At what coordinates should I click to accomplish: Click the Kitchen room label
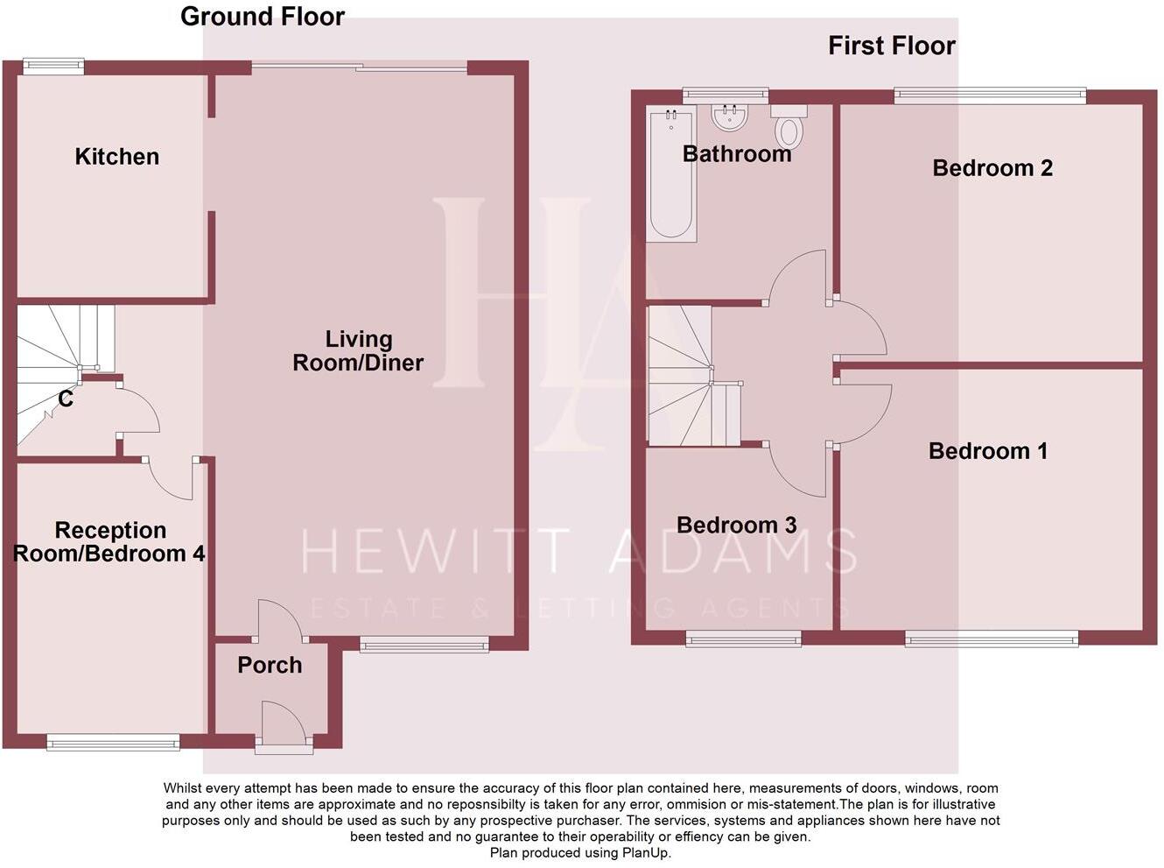(117, 157)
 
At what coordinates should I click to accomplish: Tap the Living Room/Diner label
(358, 350)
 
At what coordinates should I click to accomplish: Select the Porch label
(270, 666)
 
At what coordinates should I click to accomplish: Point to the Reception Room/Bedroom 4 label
(110, 542)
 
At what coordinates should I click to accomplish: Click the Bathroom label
(737, 154)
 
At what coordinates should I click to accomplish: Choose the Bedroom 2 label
(992, 168)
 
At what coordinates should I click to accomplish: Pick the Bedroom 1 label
(988, 451)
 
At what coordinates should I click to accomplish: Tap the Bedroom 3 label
(737, 526)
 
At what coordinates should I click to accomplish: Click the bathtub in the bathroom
(671, 174)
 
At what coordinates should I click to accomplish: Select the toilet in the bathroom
(789, 128)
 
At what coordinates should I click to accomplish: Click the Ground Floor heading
(263, 17)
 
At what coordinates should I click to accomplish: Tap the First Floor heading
(892, 46)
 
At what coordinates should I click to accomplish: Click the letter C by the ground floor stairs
(66, 399)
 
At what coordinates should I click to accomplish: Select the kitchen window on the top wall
(53, 65)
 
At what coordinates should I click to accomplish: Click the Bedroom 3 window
(743, 639)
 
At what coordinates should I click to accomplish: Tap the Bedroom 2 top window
(990, 95)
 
